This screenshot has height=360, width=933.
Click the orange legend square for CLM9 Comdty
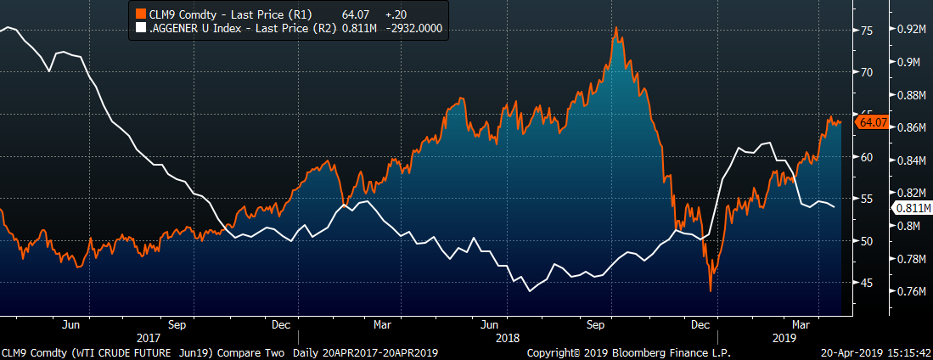click(x=142, y=14)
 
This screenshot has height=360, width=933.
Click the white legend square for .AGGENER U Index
click(x=142, y=28)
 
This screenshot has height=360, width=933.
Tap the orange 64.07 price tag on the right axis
click(x=873, y=123)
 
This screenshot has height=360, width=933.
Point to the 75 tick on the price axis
click(x=867, y=31)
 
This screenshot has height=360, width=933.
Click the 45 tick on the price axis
click(x=867, y=283)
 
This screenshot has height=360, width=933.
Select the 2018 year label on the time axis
click(x=507, y=336)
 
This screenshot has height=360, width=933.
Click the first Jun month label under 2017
click(x=71, y=323)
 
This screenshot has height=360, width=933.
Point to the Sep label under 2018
click(x=596, y=323)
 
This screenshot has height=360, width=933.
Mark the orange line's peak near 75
click(x=615, y=29)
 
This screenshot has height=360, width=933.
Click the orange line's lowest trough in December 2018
click(x=710, y=290)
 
